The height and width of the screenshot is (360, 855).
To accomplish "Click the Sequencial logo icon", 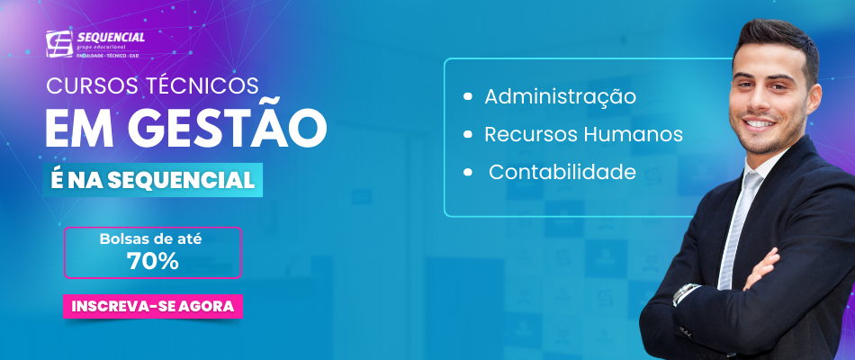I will coord(58,43).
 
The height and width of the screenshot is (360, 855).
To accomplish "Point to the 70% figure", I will coord(153,262).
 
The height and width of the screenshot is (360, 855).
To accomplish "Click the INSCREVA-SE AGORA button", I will coord(153,306).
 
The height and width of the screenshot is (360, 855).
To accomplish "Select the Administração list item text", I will coord(560,96).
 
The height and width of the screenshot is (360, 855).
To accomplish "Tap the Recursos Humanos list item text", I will coord(583,134).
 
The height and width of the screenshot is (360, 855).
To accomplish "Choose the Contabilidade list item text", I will coord(562,172).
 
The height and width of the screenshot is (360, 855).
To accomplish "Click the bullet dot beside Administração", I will coord(467,96).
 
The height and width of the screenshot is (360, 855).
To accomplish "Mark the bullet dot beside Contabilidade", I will coord(467,172).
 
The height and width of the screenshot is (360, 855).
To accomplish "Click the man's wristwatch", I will coord(686,292).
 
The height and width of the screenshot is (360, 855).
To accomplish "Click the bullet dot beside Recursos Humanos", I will coord(467,134).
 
